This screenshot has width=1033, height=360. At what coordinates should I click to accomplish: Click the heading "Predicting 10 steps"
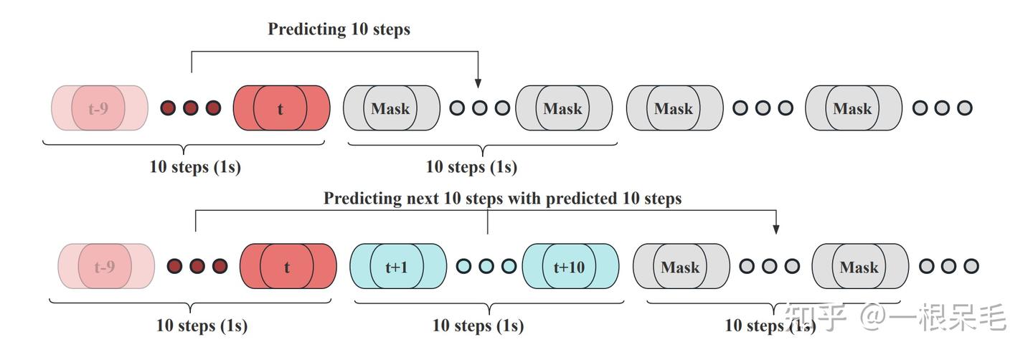[x=339, y=29]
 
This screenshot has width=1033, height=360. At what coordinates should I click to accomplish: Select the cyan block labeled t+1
[x=397, y=267]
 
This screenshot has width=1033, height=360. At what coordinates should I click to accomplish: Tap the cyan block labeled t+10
[x=570, y=267]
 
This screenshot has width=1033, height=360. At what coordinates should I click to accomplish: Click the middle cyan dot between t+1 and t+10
[x=486, y=266]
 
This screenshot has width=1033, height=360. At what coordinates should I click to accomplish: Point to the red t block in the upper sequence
[x=281, y=109]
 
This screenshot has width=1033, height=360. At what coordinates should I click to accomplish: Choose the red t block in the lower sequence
[x=288, y=267]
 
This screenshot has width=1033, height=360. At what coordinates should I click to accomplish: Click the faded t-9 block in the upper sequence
[x=99, y=109]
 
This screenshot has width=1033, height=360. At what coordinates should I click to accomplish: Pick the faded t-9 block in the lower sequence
[x=105, y=267]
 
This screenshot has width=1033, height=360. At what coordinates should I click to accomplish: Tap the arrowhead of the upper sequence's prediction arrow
[x=478, y=83]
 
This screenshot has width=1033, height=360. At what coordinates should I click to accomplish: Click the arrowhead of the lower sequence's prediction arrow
[x=775, y=229]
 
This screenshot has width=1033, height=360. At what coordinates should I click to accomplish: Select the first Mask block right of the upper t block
[x=391, y=108]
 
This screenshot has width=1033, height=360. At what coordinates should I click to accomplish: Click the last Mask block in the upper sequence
[x=853, y=108]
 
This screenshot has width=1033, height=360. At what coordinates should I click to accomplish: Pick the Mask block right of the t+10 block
[x=680, y=267]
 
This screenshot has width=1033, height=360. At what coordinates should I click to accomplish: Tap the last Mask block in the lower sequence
[x=859, y=267]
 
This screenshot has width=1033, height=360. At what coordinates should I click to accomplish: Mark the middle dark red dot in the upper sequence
[x=190, y=108]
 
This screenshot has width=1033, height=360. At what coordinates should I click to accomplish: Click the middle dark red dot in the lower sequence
[x=197, y=266]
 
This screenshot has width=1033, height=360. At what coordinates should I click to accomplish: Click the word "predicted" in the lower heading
[x=580, y=199]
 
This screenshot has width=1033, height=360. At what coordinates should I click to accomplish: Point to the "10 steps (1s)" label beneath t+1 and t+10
[x=478, y=326]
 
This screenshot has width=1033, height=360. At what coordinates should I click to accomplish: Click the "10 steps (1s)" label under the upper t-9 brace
[x=195, y=167]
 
